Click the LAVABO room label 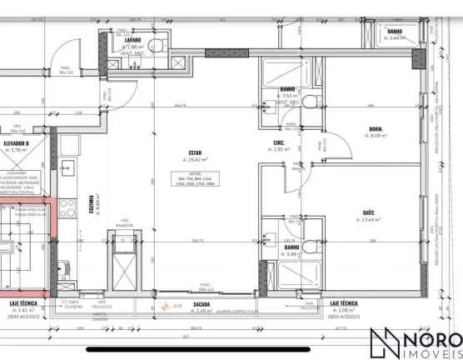pos(132,39)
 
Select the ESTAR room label pos(197,152)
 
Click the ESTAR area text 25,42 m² pos(197,160)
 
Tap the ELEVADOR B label pos(17,143)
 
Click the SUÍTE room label pos(367,212)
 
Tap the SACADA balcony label pos(202,304)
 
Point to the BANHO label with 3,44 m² pos(394,32)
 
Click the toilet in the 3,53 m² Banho pos(310,102)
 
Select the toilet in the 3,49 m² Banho pos(310,247)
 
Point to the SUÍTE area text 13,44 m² pos(367,220)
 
